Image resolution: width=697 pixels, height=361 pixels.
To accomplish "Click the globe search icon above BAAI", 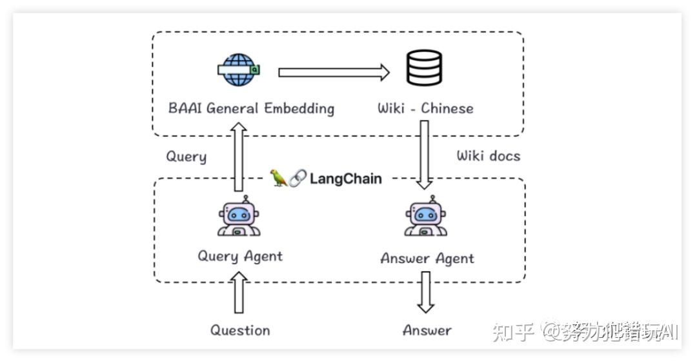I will click(238, 70).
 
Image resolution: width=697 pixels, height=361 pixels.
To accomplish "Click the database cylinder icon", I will click(424, 68).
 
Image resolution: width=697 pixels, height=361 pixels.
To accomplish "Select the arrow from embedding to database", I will click(334, 72).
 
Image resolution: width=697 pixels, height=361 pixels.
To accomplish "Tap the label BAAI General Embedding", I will click(251, 108).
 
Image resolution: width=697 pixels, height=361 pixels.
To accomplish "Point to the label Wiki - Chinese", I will click(425, 108).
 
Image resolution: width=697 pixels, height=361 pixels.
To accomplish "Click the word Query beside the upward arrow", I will click(187, 157).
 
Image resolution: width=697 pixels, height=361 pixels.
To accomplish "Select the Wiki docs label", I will click(488, 155).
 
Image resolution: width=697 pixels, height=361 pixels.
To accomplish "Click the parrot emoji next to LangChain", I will click(279, 178).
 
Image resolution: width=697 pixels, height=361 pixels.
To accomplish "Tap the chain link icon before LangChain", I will click(298, 179).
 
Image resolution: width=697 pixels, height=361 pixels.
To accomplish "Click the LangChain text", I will click(345, 179).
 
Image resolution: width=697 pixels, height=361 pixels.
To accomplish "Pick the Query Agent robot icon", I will click(238, 217).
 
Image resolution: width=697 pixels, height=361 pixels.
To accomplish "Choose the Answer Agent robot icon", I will click(426, 217).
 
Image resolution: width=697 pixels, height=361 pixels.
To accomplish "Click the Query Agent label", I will click(240, 256).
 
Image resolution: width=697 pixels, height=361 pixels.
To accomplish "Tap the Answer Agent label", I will click(427, 259).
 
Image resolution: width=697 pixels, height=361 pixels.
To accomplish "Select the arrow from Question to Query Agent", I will click(239, 293).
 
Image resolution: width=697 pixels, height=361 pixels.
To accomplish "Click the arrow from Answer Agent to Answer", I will click(425, 292).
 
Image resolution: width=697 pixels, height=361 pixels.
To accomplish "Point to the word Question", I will click(240, 331).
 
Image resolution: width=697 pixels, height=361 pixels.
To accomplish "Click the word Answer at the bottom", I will click(427, 331).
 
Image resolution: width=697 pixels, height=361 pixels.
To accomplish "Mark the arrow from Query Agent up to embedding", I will click(239, 158).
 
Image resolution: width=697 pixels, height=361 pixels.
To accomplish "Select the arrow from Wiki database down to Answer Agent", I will click(425, 155).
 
